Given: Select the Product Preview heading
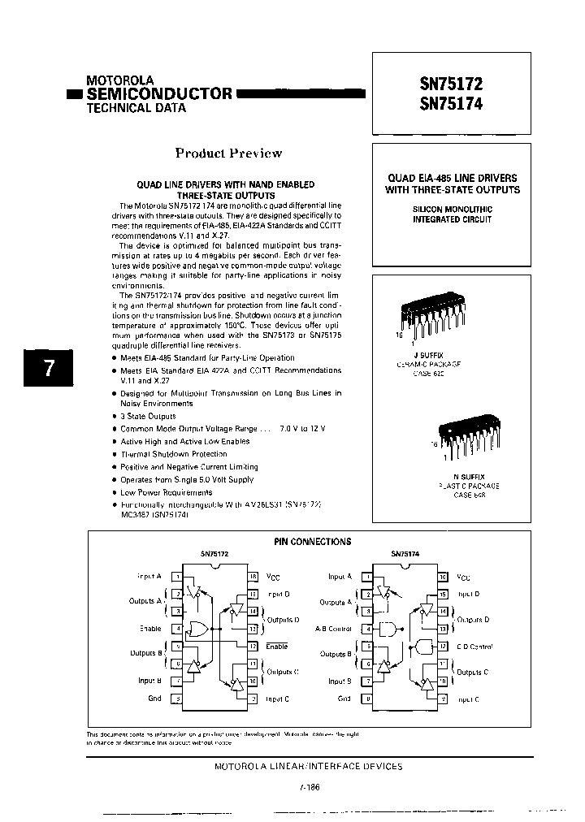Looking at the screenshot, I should click(x=229, y=153).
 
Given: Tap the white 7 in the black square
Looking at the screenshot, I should click(x=50, y=368).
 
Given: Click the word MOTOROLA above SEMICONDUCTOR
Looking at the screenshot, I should click(x=120, y=81).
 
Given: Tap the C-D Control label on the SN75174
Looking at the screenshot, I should click(x=471, y=647).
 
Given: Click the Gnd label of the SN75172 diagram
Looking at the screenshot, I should click(x=154, y=699).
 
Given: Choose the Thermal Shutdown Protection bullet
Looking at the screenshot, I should click(x=174, y=454).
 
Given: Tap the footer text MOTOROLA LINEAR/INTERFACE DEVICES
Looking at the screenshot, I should click(x=308, y=766).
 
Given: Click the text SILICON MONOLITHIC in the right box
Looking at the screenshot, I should click(x=452, y=209).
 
